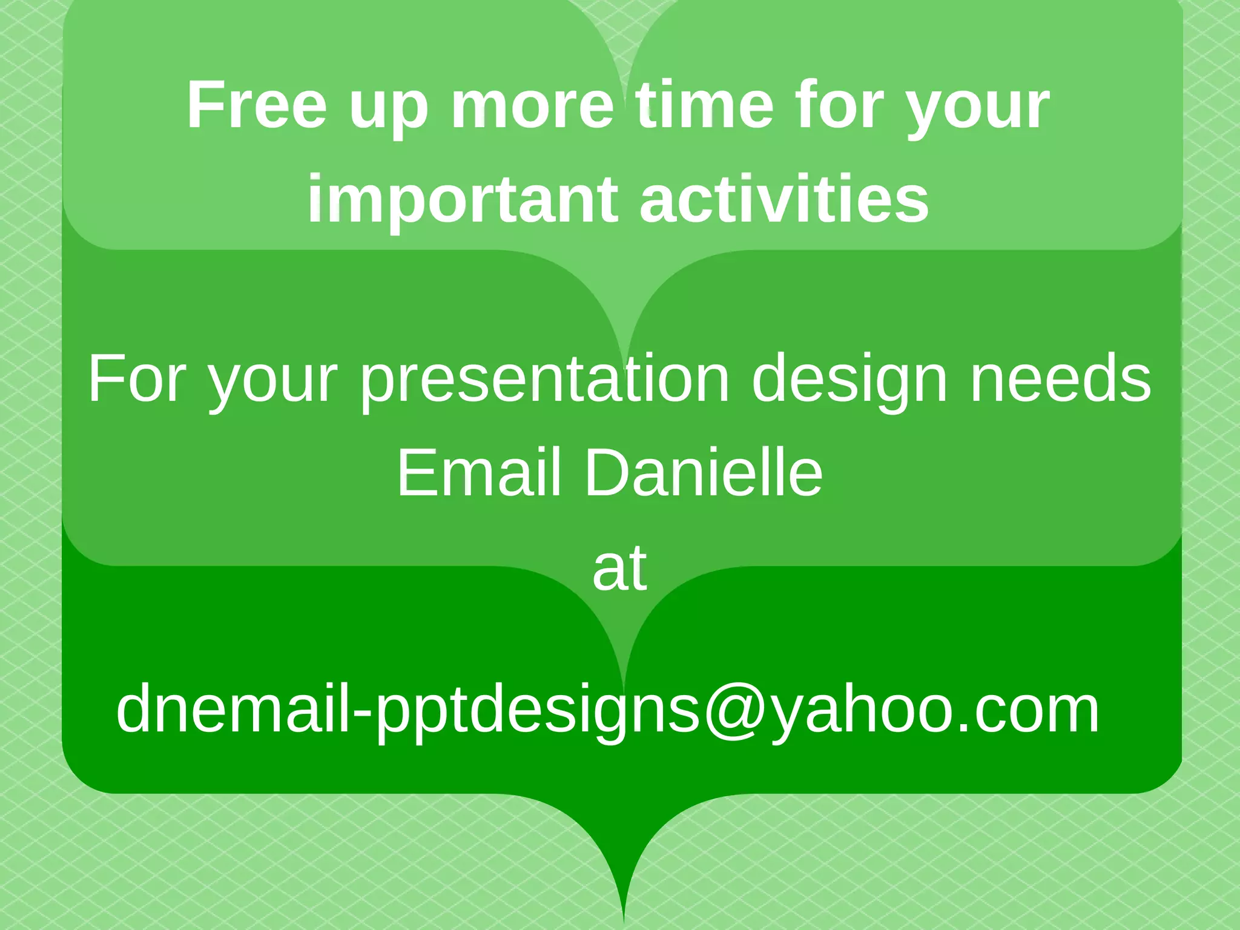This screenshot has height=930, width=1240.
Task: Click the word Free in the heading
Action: pos(257,105)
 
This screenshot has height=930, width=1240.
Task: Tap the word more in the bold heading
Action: pos(532,105)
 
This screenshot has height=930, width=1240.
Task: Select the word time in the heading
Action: pos(704,105)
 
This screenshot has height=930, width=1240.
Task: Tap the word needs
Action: pos(1060,379)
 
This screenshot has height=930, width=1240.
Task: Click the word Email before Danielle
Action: pos(478,473)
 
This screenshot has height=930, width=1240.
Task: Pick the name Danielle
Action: pos(703,473)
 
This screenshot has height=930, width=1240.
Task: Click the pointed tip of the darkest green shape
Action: pos(624,922)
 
